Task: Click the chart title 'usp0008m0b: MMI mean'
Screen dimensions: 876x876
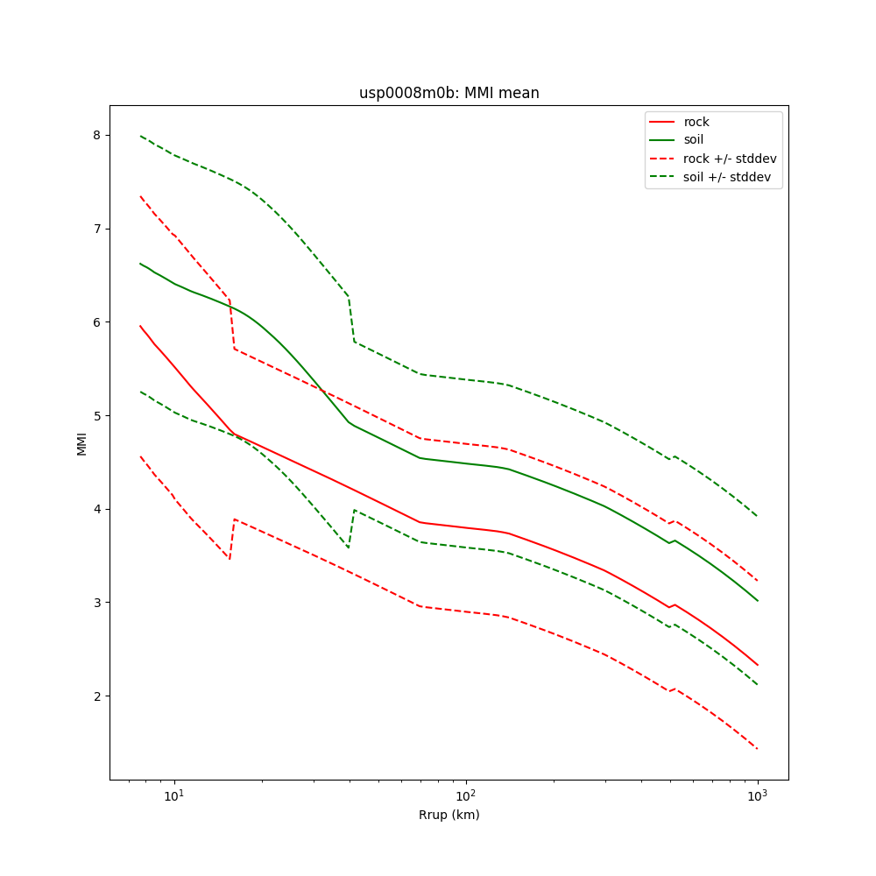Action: [x=449, y=93]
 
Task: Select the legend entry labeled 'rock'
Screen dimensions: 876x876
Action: [x=696, y=122]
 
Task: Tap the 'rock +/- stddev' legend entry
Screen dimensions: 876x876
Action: [x=730, y=159]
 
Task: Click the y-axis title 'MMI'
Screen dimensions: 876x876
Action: [x=81, y=443]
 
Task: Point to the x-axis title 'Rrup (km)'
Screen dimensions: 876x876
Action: [x=449, y=815]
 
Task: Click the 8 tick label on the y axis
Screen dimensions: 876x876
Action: [x=97, y=135]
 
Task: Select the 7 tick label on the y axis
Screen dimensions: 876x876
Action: [x=97, y=229]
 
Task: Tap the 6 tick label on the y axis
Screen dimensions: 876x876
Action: [x=97, y=322]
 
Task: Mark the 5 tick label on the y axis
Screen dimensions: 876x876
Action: [x=97, y=415]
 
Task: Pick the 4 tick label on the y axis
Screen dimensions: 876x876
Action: [x=97, y=509]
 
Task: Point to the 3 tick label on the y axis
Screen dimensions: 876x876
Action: [x=97, y=603]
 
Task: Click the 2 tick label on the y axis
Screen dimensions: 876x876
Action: [x=97, y=696]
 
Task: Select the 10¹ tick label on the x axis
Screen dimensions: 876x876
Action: [x=174, y=795]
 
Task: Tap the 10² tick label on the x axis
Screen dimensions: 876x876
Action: [x=466, y=795]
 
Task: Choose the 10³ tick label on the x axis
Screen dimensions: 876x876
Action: [x=757, y=795]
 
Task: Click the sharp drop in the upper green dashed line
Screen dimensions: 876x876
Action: [x=351, y=320]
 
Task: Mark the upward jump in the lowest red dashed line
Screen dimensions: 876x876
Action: [x=232, y=539]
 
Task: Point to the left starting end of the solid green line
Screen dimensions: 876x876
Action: [x=140, y=263]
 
